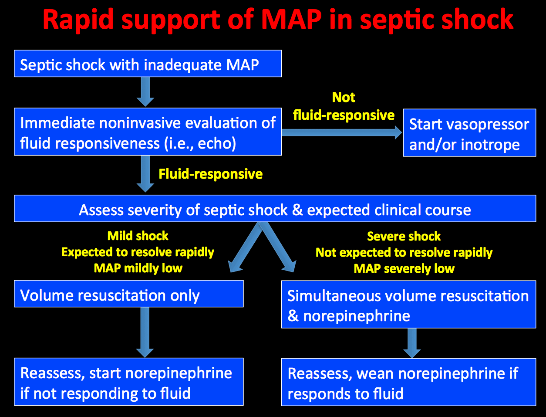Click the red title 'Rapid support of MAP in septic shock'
(x=278, y=20)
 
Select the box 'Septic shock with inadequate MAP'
(x=148, y=64)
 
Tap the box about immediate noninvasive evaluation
(x=148, y=132)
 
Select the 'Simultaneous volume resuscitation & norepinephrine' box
(x=408, y=305)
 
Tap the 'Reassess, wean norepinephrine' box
(x=408, y=382)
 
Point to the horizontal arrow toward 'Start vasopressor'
(x=342, y=132)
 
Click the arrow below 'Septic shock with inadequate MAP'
(x=145, y=92)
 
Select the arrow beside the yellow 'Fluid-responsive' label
(x=145, y=174)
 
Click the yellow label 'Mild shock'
(x=138, y=236)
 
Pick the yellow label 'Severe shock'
(x=404, y=236)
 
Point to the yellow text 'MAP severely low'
(x=404, y=268)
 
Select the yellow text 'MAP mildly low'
(x=138, y=268)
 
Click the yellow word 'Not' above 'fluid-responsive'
(x=344, y=97)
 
